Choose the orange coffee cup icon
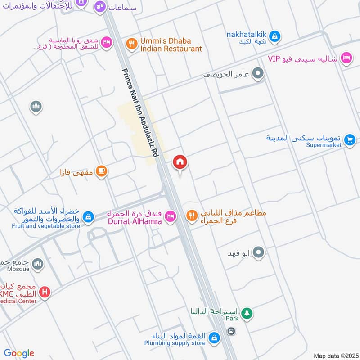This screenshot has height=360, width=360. [x=102, y=171]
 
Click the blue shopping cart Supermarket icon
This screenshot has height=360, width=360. [x=349, y=141]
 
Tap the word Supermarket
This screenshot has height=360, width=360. [x=324, y=145]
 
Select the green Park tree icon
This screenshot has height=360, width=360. [x=246, y=314]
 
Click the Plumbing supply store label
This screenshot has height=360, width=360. [x=175, y=343]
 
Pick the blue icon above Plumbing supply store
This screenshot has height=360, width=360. [x=215, y=337]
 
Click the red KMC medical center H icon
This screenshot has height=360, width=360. [x=44, y=292]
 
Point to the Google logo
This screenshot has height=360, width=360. [x=19, y=353]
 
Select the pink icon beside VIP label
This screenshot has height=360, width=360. [x=346, y=58]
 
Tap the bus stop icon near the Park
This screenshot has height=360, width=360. [x=231, y=331]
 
